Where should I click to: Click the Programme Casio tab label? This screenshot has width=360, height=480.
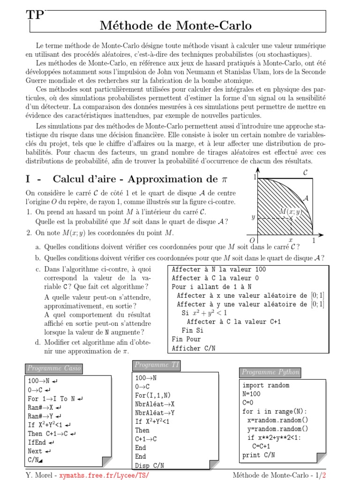pos(54,368)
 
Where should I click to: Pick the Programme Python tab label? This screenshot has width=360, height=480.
pos(270,372)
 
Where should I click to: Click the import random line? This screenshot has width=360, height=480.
pos(266,385)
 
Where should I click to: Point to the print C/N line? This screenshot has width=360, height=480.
pos(259,455)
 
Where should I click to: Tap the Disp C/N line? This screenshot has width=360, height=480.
pos(149,465)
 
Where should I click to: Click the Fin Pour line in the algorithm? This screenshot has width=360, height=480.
pos(186,339)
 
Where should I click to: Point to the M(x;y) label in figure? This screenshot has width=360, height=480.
pos(290,212)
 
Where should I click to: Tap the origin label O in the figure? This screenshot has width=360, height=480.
pos(252,240)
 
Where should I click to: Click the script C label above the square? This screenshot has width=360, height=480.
pos(305,173)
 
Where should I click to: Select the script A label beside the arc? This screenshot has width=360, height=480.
pos(306,198)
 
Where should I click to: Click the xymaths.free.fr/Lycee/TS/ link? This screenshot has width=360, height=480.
pos(104,475)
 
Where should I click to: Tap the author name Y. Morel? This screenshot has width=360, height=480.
pos(39,475)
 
